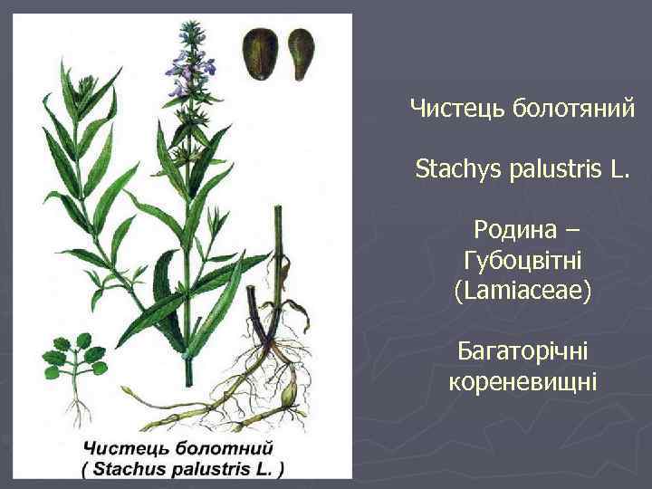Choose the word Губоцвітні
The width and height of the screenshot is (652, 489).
(x=522, y=262)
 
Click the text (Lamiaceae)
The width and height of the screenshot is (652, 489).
(x=523, y=291)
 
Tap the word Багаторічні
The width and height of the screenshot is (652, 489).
(x=522, y=350)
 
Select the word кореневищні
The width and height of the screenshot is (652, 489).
(x=523, y=380)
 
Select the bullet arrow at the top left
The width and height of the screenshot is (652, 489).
(x=18, y=18)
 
